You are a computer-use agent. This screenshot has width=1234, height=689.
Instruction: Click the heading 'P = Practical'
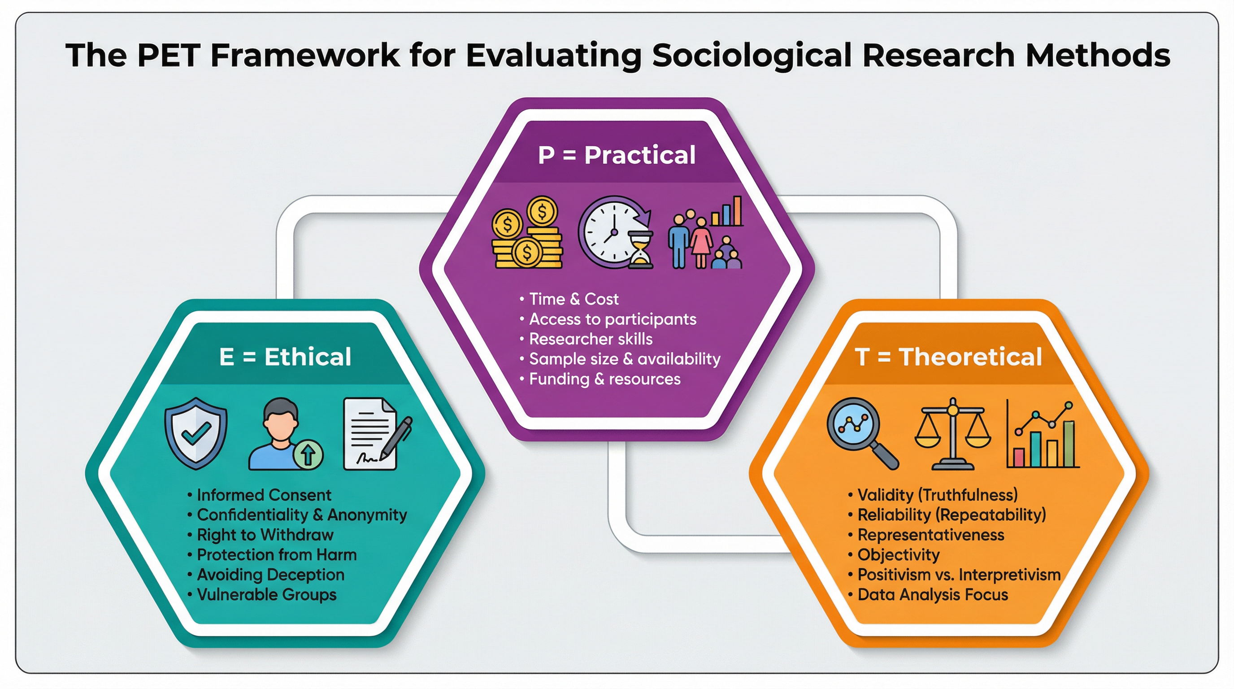click(617, 155)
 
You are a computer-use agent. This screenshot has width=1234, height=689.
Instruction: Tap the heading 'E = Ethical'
click(285, 357)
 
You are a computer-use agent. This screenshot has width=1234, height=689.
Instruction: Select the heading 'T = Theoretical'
click(948, 357)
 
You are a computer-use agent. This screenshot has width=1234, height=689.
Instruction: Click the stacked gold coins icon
click(527, 232)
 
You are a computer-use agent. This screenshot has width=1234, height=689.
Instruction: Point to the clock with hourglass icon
click(616, 232)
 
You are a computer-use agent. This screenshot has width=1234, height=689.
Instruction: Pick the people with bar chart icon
click(706, 232)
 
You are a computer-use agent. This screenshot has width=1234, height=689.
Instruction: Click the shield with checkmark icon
click(196, 433)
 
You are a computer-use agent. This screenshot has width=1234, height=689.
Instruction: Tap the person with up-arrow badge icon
click(286, 434)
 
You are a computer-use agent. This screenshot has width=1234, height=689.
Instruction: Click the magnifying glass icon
click(862, 433)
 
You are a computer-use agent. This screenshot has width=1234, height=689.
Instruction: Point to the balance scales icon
click(953, 433)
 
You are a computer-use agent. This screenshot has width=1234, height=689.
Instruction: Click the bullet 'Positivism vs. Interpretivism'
click(954, 575)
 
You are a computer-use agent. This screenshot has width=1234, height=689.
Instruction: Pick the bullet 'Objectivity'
click(893, 555)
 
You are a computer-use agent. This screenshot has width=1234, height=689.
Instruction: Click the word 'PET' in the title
click(168, 55)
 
